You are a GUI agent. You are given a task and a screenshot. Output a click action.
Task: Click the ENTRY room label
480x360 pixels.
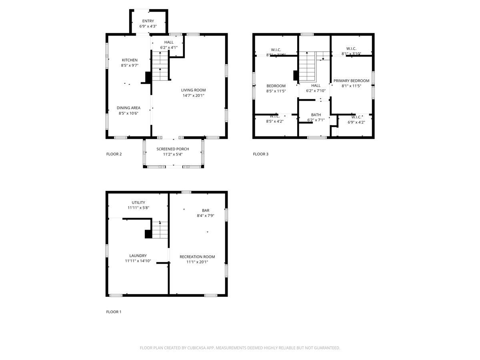tap(148, 21)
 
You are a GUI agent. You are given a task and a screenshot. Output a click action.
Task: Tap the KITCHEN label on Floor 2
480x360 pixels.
tap(130, 60)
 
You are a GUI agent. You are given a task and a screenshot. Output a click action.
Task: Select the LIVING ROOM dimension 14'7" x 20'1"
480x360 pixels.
tap(193, 96)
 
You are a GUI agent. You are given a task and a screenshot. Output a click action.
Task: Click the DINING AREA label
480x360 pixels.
tap(128, 108)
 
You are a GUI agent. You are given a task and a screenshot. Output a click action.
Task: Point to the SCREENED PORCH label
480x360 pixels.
tap(173, 149)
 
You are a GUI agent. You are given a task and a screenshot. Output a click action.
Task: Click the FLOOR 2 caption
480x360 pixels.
tap(114, 154)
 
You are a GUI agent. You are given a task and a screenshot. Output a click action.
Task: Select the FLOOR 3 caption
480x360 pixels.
tap(261, 154)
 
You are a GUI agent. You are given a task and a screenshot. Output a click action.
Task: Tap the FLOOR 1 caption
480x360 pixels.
tap(114, 312)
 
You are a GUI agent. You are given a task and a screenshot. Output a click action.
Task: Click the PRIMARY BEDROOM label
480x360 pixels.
tap(351, 81)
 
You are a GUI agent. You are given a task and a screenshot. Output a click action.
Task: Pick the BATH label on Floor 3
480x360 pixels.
tap(316, 115)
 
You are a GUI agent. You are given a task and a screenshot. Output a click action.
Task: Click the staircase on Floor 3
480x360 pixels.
tap(308, 66)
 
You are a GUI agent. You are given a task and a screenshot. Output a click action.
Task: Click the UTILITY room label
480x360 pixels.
tap(138, 202)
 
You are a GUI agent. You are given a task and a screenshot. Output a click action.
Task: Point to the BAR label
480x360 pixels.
tap(206, 210)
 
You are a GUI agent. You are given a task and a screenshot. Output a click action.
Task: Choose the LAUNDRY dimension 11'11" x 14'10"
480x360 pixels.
tap(138, 261)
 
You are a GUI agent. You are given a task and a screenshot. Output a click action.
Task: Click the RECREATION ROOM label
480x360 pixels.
tap(197, 257)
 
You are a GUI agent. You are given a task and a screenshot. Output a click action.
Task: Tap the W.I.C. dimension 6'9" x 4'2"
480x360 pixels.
tap(356, 122)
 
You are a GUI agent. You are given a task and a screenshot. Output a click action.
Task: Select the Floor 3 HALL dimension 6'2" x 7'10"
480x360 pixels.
tap(316, 91)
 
